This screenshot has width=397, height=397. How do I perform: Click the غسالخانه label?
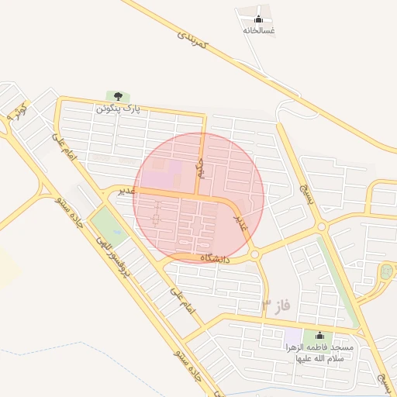[259, 30]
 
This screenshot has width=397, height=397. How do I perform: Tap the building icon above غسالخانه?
[259, 19]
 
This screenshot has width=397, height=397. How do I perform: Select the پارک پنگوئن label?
[119, 109]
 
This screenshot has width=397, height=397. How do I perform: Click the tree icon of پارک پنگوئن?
[119, 96]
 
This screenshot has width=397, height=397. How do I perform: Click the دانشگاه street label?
[216, 257]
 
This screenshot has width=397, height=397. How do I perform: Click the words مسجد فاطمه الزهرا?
[319, 347]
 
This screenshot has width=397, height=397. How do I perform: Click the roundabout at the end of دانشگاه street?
[254, 254]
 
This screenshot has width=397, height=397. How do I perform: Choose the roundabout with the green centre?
[386, 272]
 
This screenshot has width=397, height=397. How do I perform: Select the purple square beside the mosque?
[292, 337]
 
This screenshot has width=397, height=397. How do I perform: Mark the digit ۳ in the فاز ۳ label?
[266, 303]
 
